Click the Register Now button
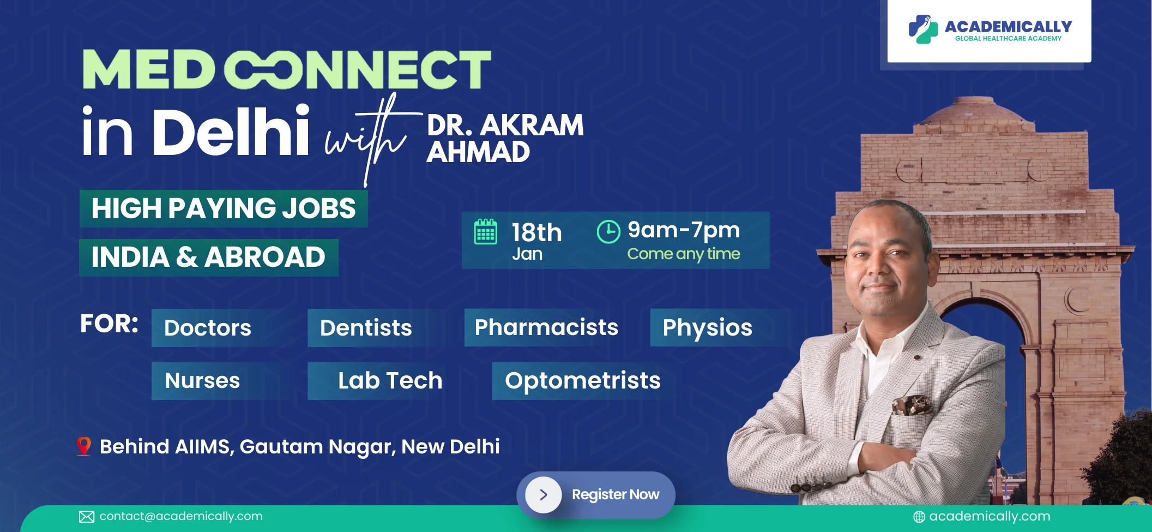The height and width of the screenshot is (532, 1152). [x=596, y=494]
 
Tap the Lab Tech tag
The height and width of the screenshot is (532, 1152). [x=382, y=381]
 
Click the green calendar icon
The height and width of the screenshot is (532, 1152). [x=485, y=232]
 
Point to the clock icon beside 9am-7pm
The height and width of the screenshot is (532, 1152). [x=608, y=232]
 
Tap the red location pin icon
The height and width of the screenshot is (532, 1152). [x=83, y=446]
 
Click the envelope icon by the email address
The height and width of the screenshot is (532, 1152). [x=87, y=517]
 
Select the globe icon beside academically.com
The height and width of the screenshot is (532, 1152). [x=919, y=517]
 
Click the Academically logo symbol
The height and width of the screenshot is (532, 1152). [x=923, y=29]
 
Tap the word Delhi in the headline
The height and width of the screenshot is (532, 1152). [x=231, y=131]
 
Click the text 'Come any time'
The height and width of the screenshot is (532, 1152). [x=684, y=254]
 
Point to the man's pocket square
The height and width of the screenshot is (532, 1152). [x=912, y=405]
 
